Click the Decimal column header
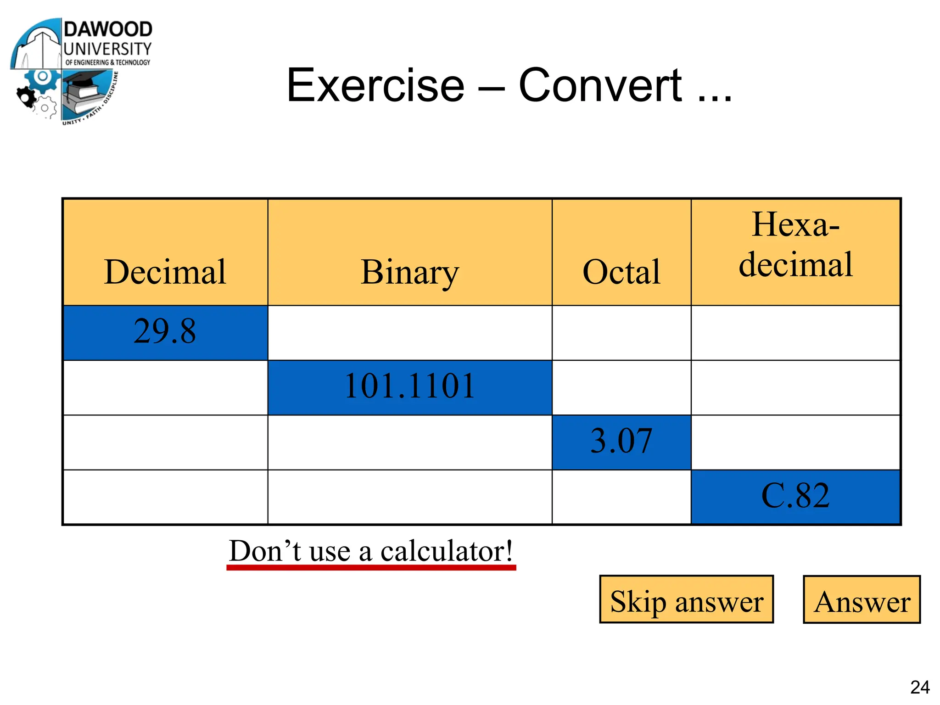click(165, 272)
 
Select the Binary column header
click(409, 272)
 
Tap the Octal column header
click(621, 272)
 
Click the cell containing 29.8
click(165, 332)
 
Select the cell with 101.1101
click(409, 386)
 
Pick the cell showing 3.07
click(621, 442)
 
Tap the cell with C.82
click(795, 496)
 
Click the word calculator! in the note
click(447, 551)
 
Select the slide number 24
click(920, 687)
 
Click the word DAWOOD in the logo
click(108, 29)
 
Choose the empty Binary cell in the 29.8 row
click(409, 333)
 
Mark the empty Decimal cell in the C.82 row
click(165, 497)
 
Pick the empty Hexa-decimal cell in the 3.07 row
click(795, 442)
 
